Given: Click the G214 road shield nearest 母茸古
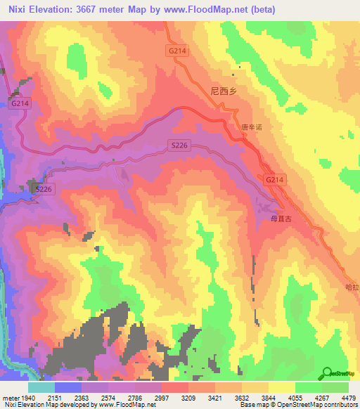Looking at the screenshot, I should tap(275, 181).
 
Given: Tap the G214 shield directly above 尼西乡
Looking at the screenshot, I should tap(176, 51).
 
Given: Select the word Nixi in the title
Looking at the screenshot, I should tap(16, 10).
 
